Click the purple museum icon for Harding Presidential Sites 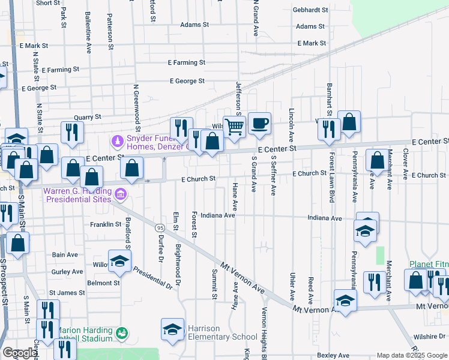point(120,194)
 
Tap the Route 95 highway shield point(160,228)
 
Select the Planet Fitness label point(429,264)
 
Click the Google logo point(19,353)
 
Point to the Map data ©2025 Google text point(412,355)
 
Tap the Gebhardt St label point(310,10)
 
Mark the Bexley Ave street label point(333,356)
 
